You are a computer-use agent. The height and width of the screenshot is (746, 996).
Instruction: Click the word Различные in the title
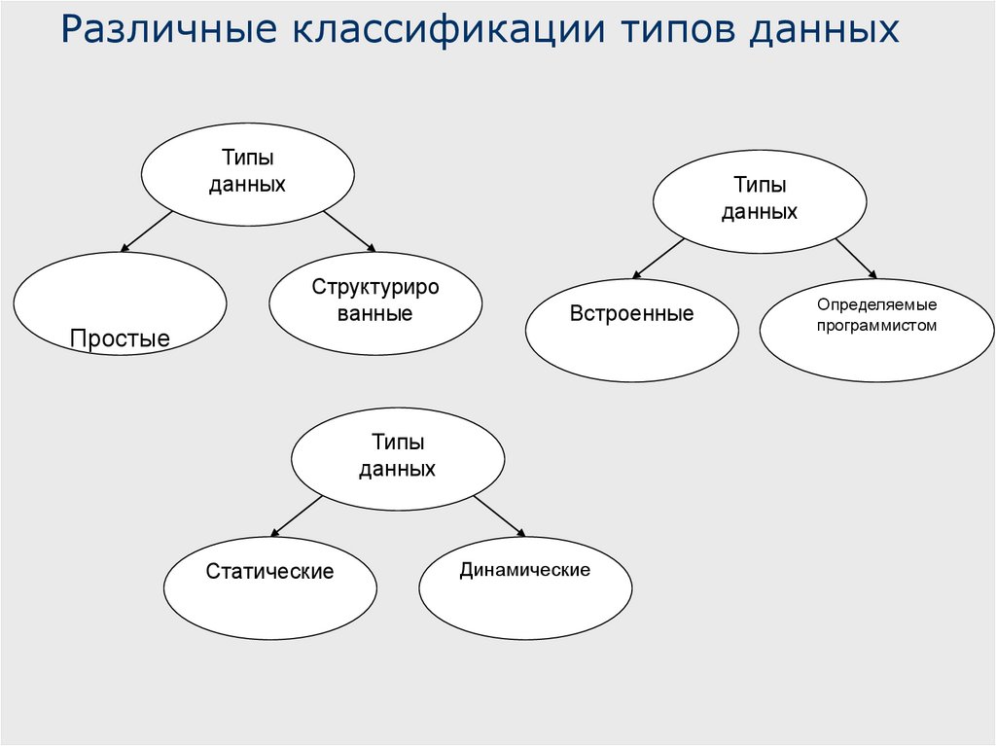[x=167, y=30]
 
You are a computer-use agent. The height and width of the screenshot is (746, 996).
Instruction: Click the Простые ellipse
[x=121, y=303]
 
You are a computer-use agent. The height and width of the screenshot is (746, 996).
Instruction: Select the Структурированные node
[x=375, y=301]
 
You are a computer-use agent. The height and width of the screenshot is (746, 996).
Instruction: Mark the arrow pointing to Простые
[x=147, y=232]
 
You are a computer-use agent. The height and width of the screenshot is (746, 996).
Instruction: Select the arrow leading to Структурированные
[x=348, y=231]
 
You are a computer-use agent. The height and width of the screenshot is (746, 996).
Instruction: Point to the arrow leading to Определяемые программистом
[x=855, y=258]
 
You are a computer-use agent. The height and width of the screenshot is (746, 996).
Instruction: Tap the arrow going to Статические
[x=297, y=515]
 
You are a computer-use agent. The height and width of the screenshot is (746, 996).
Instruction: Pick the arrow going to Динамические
[x=499, y=515]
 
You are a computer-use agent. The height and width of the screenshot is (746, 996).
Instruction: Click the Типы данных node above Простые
[x=247, y=171]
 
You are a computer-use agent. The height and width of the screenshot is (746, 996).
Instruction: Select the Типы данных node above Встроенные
[x=759, y=198]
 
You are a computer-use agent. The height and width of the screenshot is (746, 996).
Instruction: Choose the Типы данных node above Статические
[x=398, y=455]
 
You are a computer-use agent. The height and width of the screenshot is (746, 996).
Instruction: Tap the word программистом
[x=876, y=326]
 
